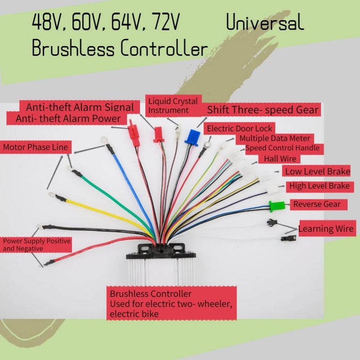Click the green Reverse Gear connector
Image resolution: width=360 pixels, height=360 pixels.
pos(277,206)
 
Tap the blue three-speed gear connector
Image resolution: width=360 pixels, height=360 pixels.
pos(192,138)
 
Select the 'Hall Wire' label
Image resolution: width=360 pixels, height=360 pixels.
pos(280,159)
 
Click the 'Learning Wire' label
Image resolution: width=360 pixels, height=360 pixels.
pos(326,229)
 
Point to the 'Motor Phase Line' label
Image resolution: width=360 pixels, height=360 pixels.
pos(36,147)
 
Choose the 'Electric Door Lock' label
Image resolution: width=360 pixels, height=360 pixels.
pos(239,129)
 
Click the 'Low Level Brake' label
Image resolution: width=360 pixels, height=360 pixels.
pos(318,171)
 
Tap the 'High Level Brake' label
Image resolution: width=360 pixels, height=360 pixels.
pos(319,186)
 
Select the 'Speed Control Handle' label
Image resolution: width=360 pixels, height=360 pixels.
pos(283,148)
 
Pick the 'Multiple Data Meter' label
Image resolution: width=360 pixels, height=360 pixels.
pos(275,139)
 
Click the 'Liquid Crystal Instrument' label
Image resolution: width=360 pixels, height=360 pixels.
pos(173,106)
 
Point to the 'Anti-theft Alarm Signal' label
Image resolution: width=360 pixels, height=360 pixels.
pos(80,107)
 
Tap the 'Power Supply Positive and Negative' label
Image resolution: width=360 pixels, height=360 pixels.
pos(37,245)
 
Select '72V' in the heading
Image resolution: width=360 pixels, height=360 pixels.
pos(166,22)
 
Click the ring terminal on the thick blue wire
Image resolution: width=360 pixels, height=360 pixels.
pos(104,139)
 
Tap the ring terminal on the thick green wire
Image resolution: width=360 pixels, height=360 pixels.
pos(69,168)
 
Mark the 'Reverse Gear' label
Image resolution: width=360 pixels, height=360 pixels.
pos(317,204)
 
